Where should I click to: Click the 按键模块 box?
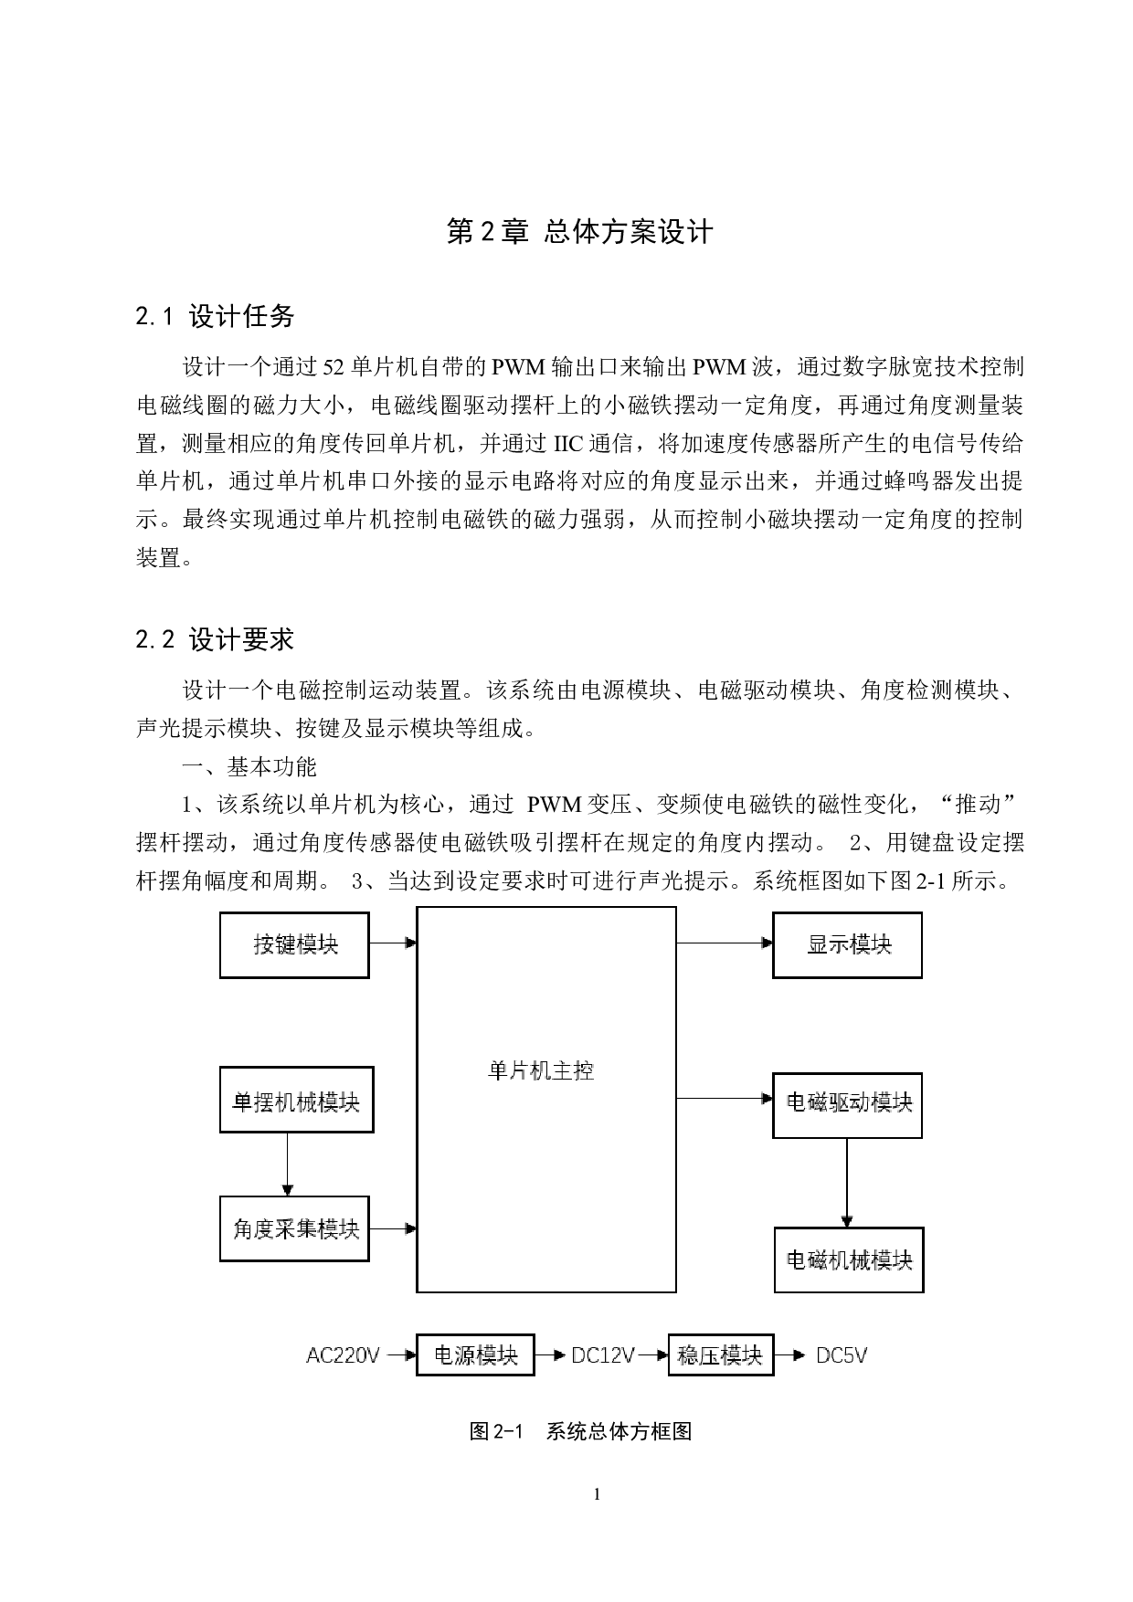(294, 945)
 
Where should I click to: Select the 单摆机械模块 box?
(296, 1100)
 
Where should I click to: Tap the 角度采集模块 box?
(294, 1228)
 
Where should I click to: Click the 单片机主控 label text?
(541, 1070)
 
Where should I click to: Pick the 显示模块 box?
(847, 945)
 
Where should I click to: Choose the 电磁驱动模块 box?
(847, 1105)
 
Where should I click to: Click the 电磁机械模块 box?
(849, 1260)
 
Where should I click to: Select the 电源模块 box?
(475, 1354)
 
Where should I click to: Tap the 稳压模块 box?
(720, 1354)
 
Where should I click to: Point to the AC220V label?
(343, 1355)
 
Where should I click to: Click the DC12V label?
(602, 1355)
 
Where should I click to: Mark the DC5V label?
(841, 1355)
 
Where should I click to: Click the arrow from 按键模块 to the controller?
(393, 943)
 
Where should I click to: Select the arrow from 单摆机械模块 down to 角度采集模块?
(288, 1164)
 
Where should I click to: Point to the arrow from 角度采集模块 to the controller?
(393, 1228)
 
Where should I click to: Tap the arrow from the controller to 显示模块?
(725, 943)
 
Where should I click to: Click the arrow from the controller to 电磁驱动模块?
(725, 1098)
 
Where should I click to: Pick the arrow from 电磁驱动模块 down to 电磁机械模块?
(847, 1183)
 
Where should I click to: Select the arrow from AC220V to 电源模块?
(402, 1355)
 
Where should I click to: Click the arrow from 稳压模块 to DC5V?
(790, 1355)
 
